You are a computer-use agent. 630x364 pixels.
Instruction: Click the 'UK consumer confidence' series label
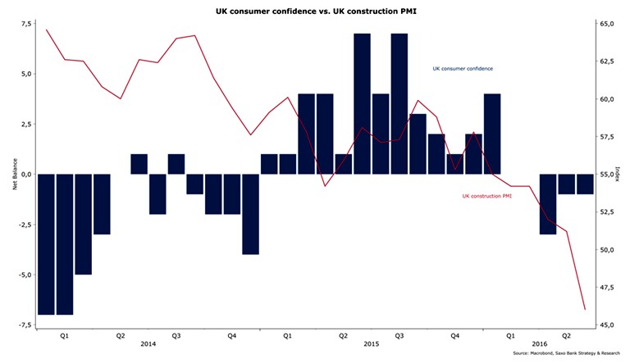(x=463, y=69)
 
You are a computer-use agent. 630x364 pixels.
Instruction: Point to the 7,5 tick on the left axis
(x=25, y=24)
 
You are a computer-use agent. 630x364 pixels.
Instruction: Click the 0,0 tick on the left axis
(x=25, y=174)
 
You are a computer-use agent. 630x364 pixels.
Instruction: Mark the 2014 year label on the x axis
(x=148, y=344)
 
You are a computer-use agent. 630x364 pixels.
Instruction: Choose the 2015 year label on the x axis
(x=371, y=344)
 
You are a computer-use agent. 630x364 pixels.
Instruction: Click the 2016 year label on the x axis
(x=539, y=344)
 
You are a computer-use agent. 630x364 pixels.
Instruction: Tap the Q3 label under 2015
(x=399, y=335)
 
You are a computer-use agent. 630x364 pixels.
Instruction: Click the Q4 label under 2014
(x=232, y=335)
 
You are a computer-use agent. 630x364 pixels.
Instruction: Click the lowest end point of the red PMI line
(x=585, y=309)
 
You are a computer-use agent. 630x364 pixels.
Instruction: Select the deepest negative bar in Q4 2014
(x=250, y=214)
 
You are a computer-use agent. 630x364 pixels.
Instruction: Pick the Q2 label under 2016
(x=567, y=335)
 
